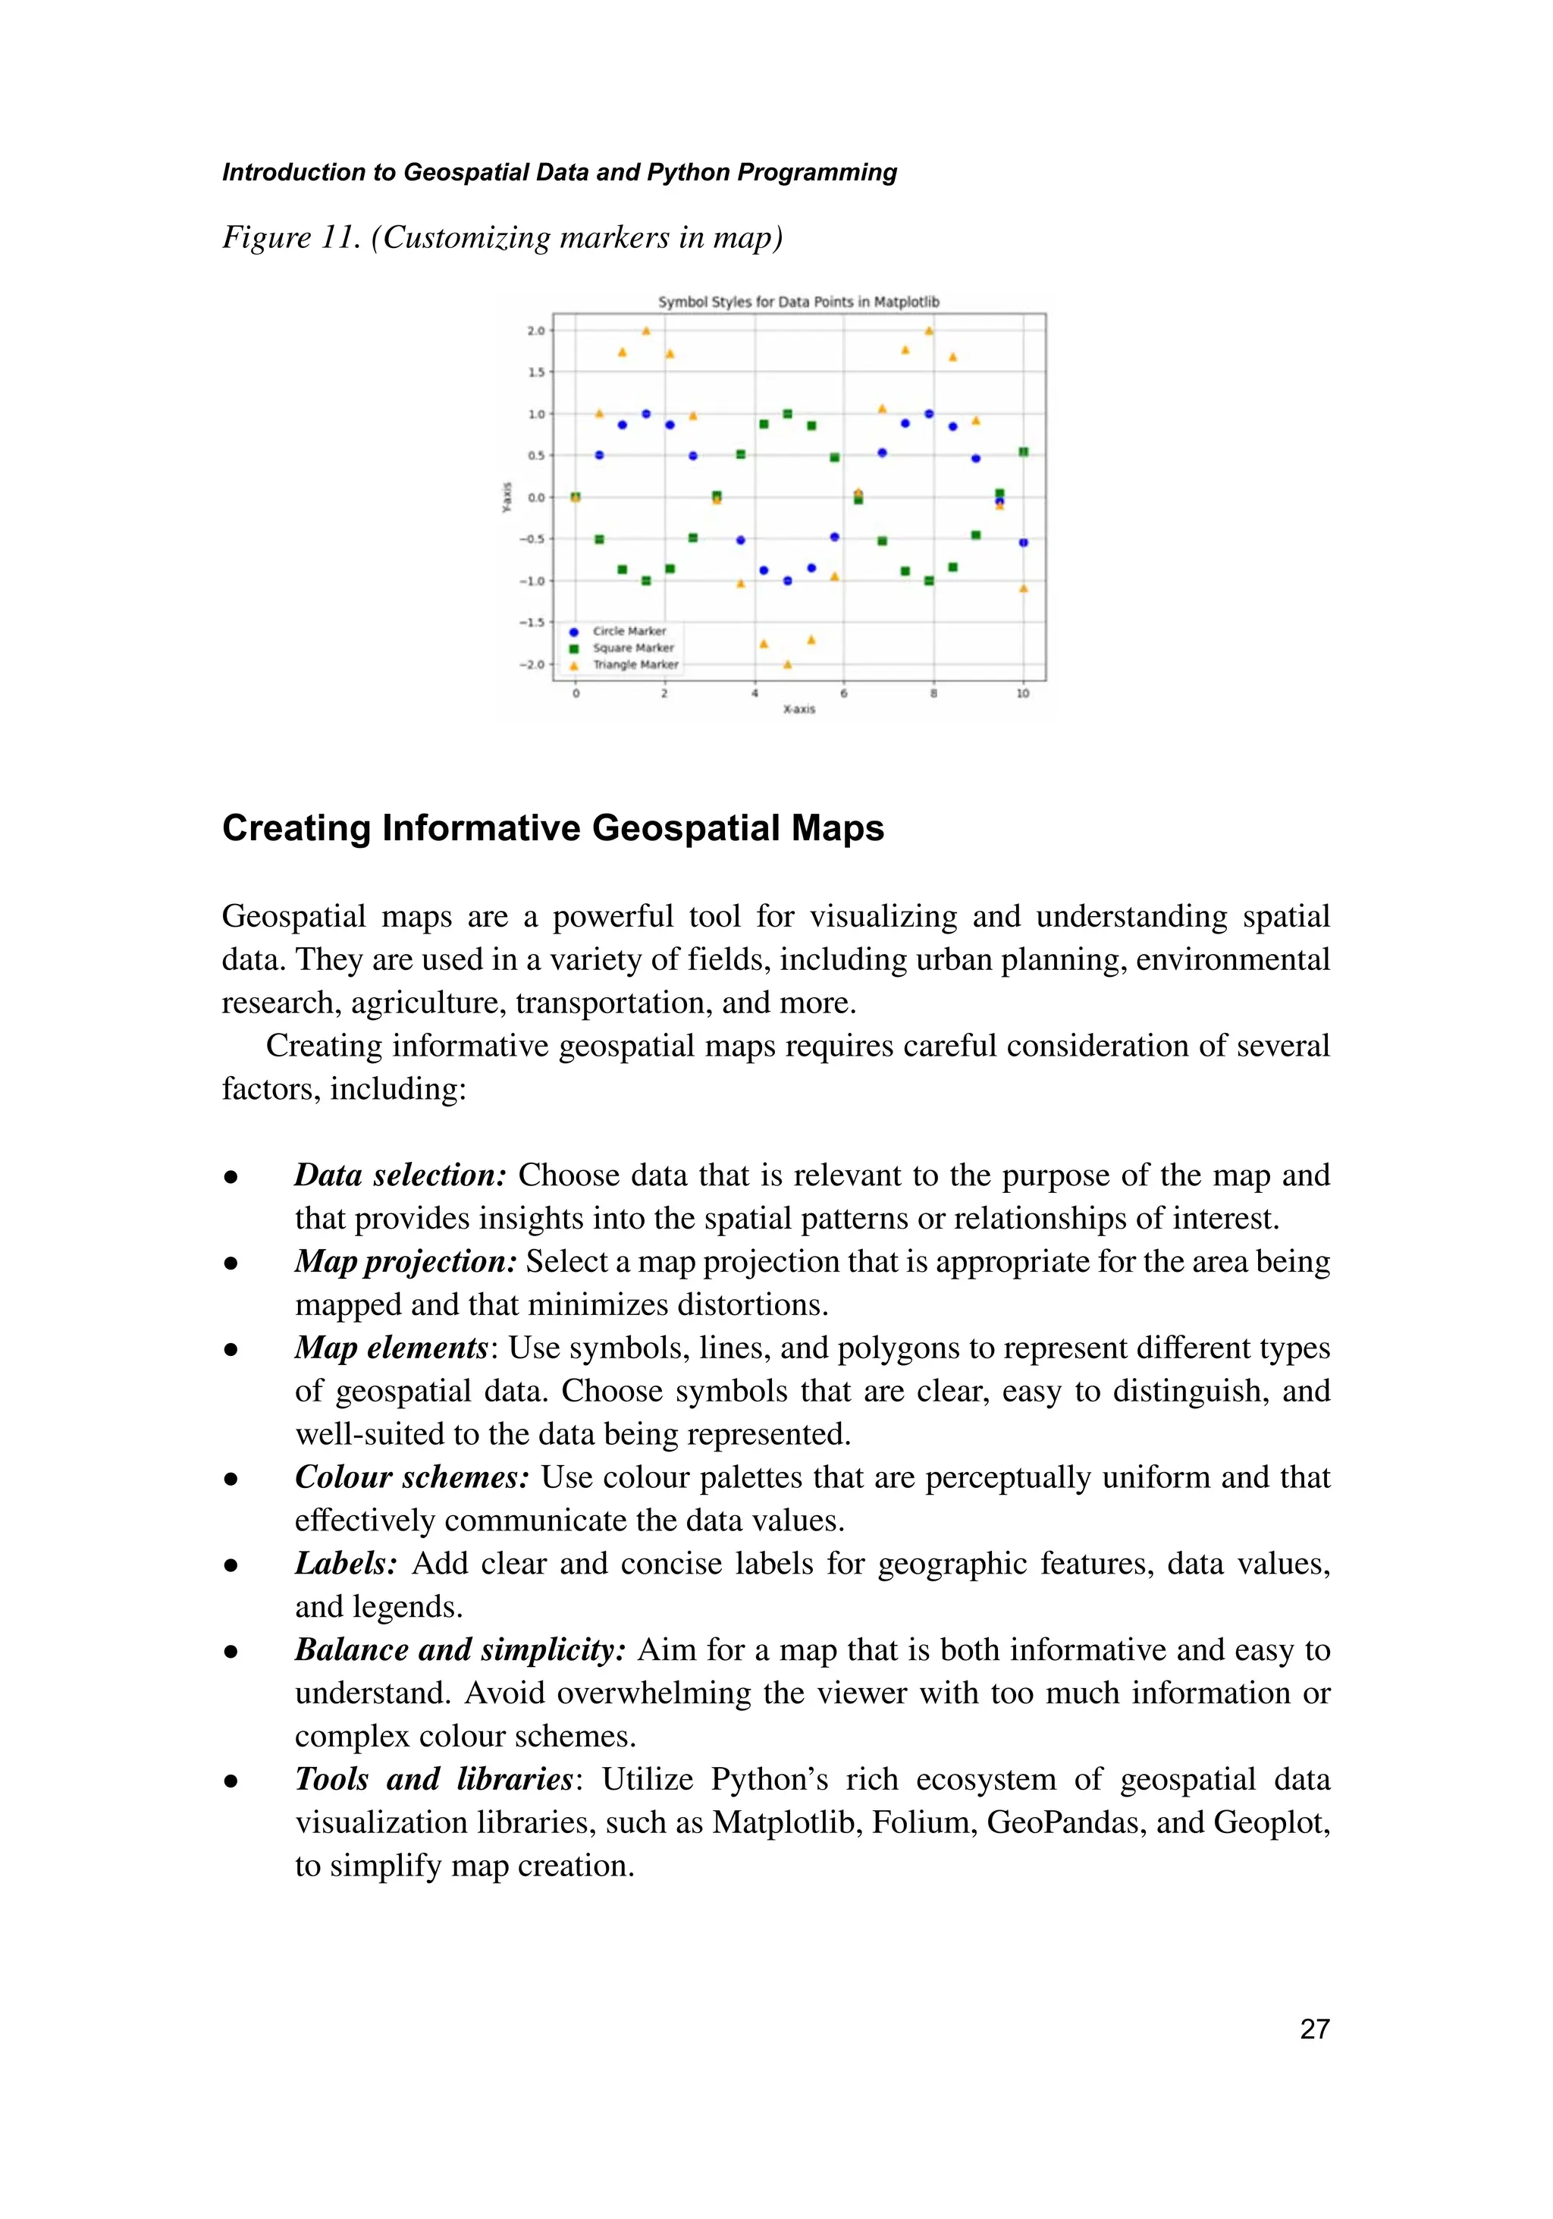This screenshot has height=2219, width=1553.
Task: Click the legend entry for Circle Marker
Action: click(x=628, y=631)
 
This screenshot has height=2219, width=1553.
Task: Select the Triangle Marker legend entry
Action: click(x=635, y=665)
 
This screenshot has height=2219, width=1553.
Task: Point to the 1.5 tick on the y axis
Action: click(x=535, y=372)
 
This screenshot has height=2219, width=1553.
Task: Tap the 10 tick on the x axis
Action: click(x=1022, y=693)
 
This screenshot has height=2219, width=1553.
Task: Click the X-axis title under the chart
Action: click(x=798, y=709)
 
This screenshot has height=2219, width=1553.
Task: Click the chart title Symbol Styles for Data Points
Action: click(x=798, y=302)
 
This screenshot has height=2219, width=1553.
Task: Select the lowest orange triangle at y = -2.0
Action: click(x=788, y=665)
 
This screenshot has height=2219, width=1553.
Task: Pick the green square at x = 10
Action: click(x=1024, y=452)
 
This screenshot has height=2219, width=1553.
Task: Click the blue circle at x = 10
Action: click(x=1024, y=543)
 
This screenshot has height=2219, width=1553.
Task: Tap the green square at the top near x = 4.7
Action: click(x=788, y=413)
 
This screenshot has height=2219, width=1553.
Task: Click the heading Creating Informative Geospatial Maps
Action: click(x=553, y=828)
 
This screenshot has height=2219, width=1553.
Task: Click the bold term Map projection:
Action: click(x=406, y=1261)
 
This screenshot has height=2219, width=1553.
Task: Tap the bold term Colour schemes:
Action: click(x=412, y=1477)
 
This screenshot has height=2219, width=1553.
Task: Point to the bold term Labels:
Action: click(x=346, y=1563)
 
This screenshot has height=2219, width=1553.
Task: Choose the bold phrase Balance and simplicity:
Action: click(x=460, y=1649)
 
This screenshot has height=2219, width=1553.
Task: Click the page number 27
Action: click(x=1314, y=2029)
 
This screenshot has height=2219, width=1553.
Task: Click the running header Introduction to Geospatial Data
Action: click(x=559, y=172)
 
